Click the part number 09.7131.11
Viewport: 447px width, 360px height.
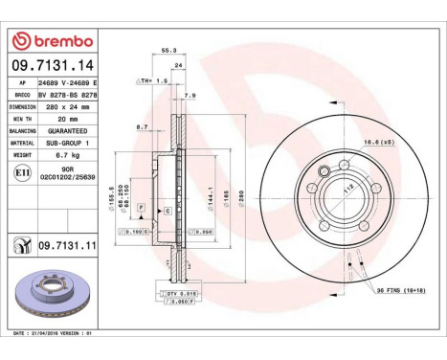pos(67,246)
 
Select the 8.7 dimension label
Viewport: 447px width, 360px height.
pos(143,126)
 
